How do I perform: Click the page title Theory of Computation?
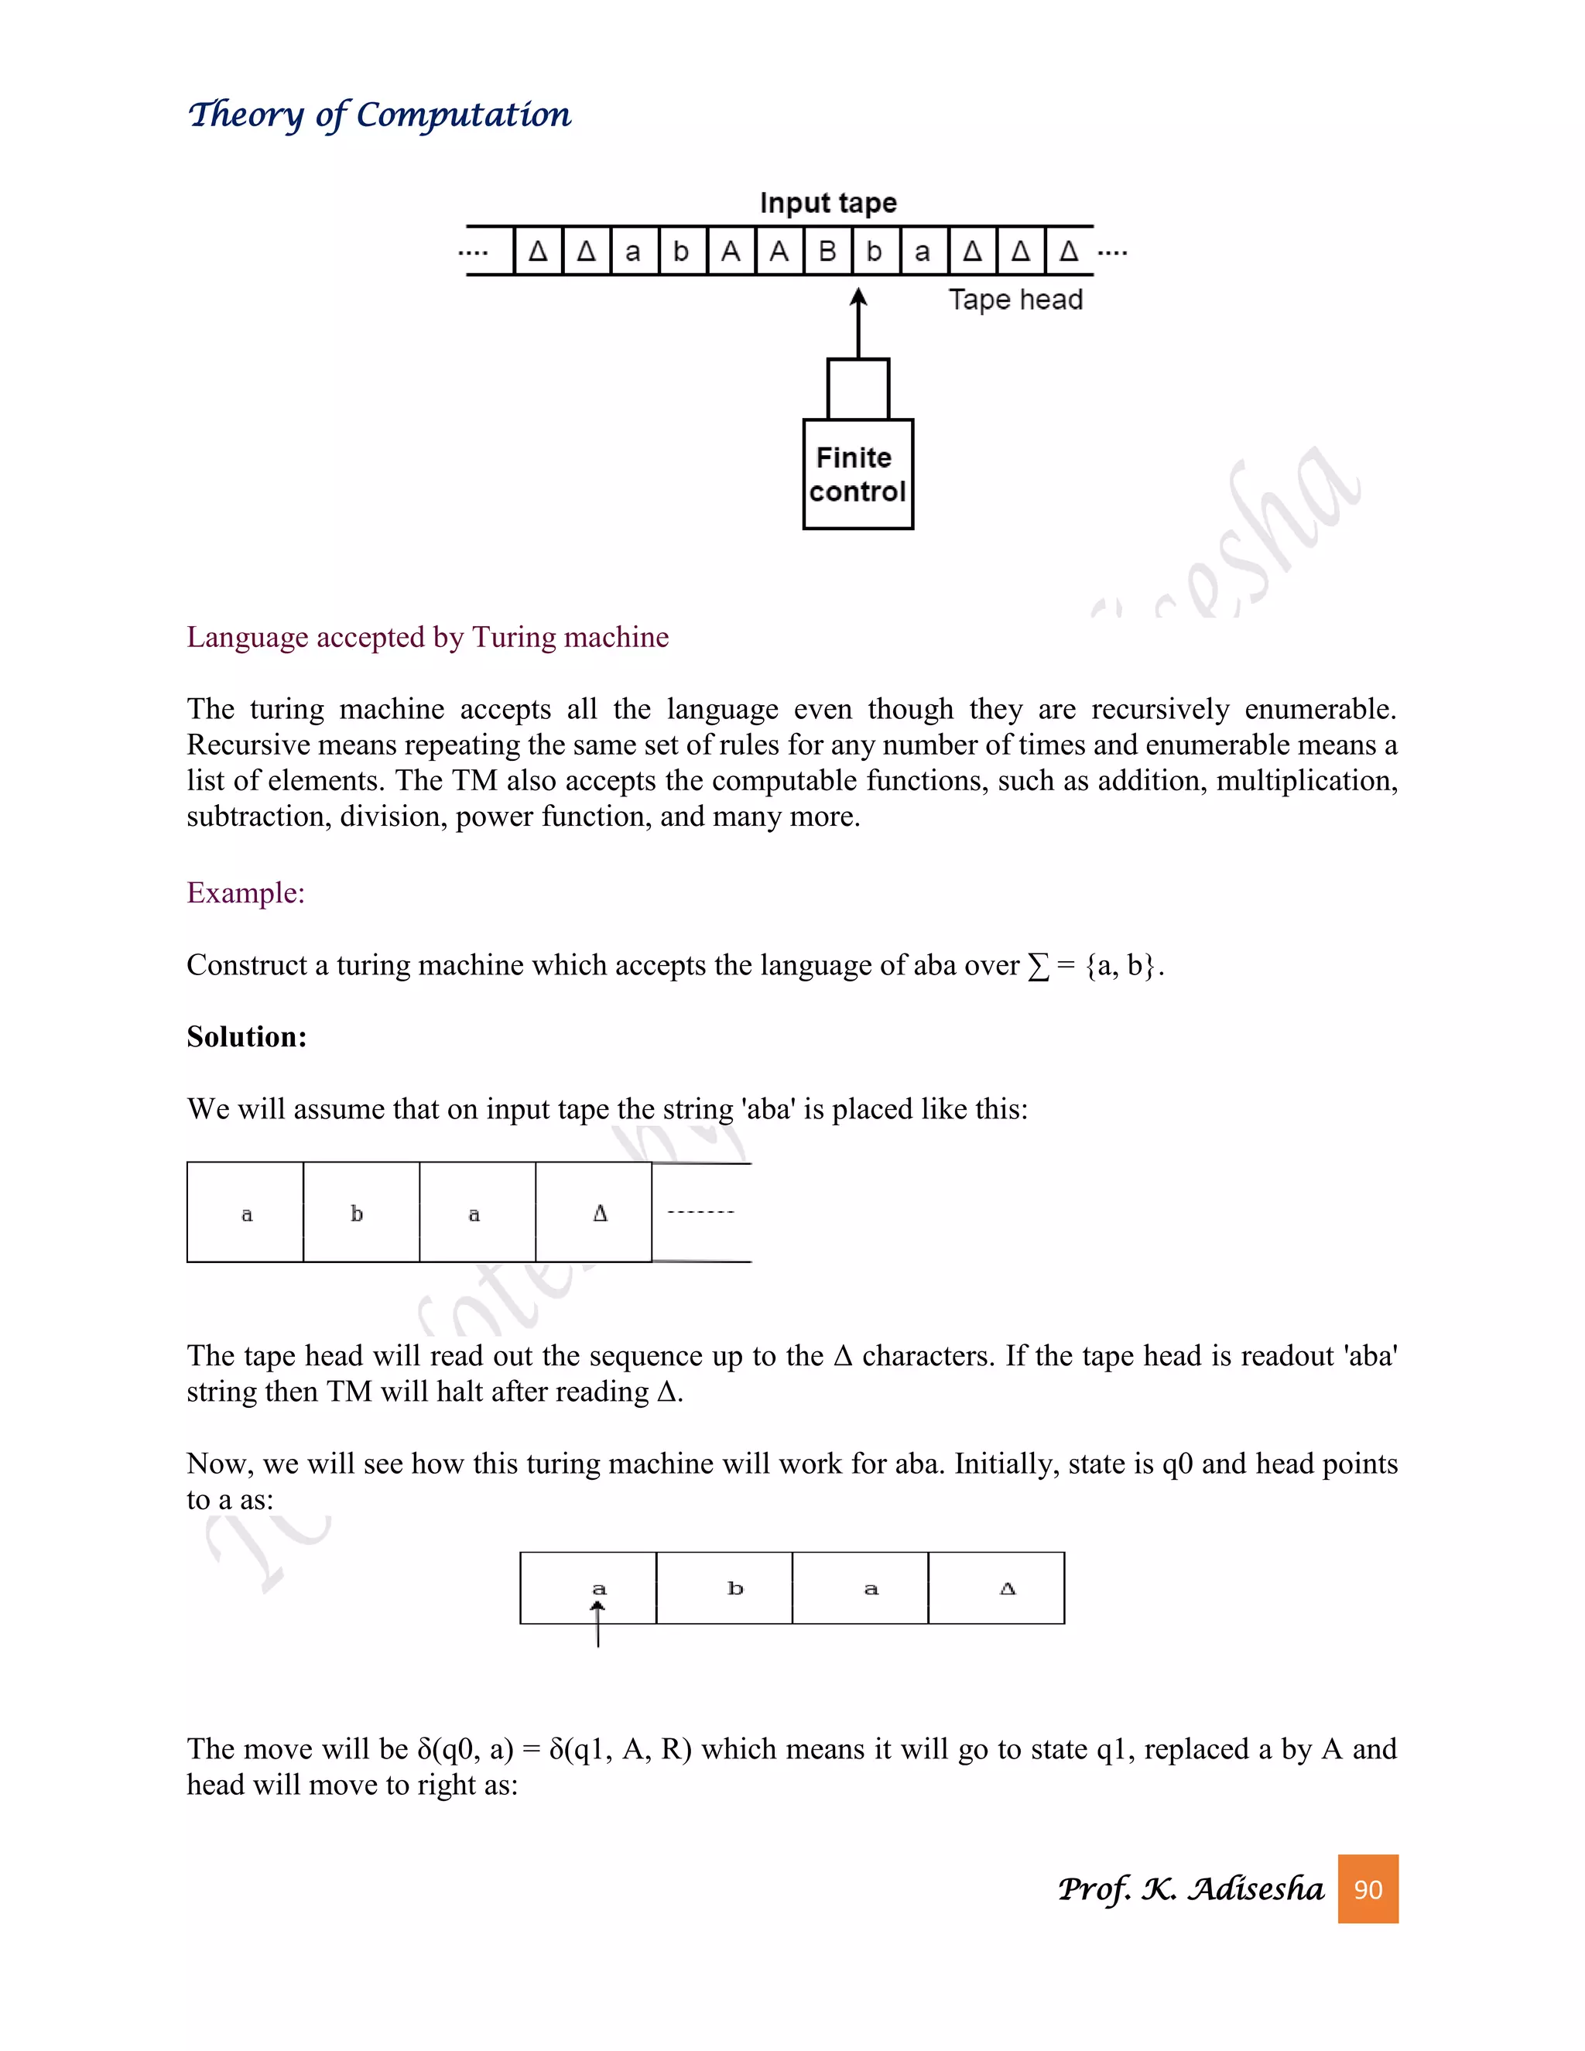tap(379, 115)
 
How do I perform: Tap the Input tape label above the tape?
tap(827, 203)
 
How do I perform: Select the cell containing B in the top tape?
tap(827, 252)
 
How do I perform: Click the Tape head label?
tap(1015, 300)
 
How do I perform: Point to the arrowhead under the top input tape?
tap(858, 298)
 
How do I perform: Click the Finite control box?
tap(858, 474)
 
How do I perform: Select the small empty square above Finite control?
tap(858, 389)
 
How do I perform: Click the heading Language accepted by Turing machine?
tap(427, 637)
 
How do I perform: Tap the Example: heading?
tap(245, 892)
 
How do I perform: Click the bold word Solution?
tap(246, 1037)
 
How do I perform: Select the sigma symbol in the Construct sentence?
tap(1038, 967)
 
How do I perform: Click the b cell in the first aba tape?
tap(361, 1212)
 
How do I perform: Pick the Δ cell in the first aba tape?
tap(594, 1212)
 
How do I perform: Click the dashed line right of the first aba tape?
tap(700, 1212)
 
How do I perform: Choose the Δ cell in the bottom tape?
tap(996, 1588)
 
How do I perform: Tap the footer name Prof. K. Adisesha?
tap(1190, 1888)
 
